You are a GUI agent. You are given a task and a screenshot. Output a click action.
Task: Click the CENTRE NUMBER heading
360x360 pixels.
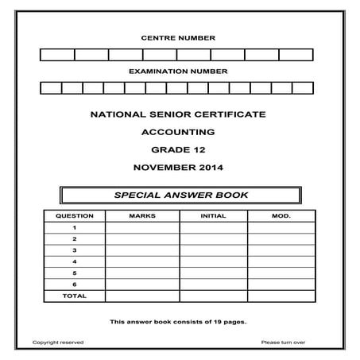[178, 38]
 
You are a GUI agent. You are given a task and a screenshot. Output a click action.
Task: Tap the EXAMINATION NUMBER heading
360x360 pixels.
[178, 71]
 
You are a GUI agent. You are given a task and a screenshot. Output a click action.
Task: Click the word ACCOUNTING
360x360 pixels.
[178, 133]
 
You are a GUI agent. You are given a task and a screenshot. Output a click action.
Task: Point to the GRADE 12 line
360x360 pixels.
[178, 150]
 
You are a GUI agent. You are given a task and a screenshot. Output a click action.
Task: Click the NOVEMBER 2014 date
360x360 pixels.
[178, 168]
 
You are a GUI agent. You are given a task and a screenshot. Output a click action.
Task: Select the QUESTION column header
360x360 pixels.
[74, 216]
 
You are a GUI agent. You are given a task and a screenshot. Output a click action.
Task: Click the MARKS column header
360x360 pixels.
[141, 216]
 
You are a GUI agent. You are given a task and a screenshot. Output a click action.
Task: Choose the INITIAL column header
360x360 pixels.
[213, 216]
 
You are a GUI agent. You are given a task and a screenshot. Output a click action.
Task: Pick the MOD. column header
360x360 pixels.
[281, 216]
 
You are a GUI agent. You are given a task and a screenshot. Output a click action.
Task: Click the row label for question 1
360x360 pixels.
[74, 227]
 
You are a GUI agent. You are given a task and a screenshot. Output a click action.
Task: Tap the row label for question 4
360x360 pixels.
[74, 261]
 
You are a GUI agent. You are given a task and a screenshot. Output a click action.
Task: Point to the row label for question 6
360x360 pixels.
[74, 284]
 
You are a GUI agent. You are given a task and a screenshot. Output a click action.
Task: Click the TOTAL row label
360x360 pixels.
[74, 296]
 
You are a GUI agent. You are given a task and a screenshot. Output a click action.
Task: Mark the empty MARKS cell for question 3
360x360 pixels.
[141, 250]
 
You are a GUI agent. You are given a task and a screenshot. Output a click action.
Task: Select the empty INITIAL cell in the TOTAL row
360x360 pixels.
[213, 296]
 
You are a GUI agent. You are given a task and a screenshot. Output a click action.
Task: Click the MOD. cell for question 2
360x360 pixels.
[281, 238]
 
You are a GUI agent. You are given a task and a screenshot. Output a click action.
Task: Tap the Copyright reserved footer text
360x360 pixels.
[57, 343]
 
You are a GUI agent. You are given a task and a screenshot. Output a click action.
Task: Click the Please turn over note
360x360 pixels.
[283, 343]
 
